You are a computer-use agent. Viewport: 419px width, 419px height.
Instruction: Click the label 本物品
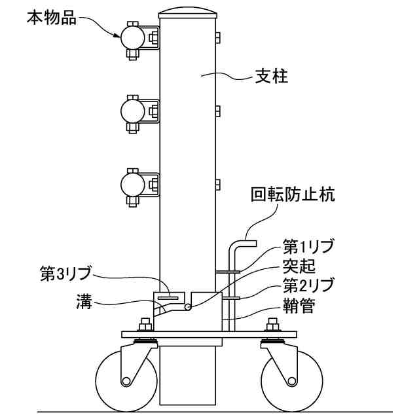[x=51, y=18]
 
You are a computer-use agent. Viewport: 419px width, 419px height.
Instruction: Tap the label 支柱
[x=270, y=77]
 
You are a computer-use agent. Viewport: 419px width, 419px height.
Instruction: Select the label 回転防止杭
[x=293, y=195]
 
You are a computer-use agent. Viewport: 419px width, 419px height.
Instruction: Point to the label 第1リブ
[x=308, y=247]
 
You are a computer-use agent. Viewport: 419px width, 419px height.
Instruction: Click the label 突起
[x=299, y=266]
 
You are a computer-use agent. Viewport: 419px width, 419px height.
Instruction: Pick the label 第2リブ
[x=308, y=285]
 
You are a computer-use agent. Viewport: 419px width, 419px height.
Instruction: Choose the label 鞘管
[x=299, y=304]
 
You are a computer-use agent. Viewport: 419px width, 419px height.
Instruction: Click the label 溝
[x=84, y=302]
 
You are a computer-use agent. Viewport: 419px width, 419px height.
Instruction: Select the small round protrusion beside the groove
[x=188, y=306]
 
